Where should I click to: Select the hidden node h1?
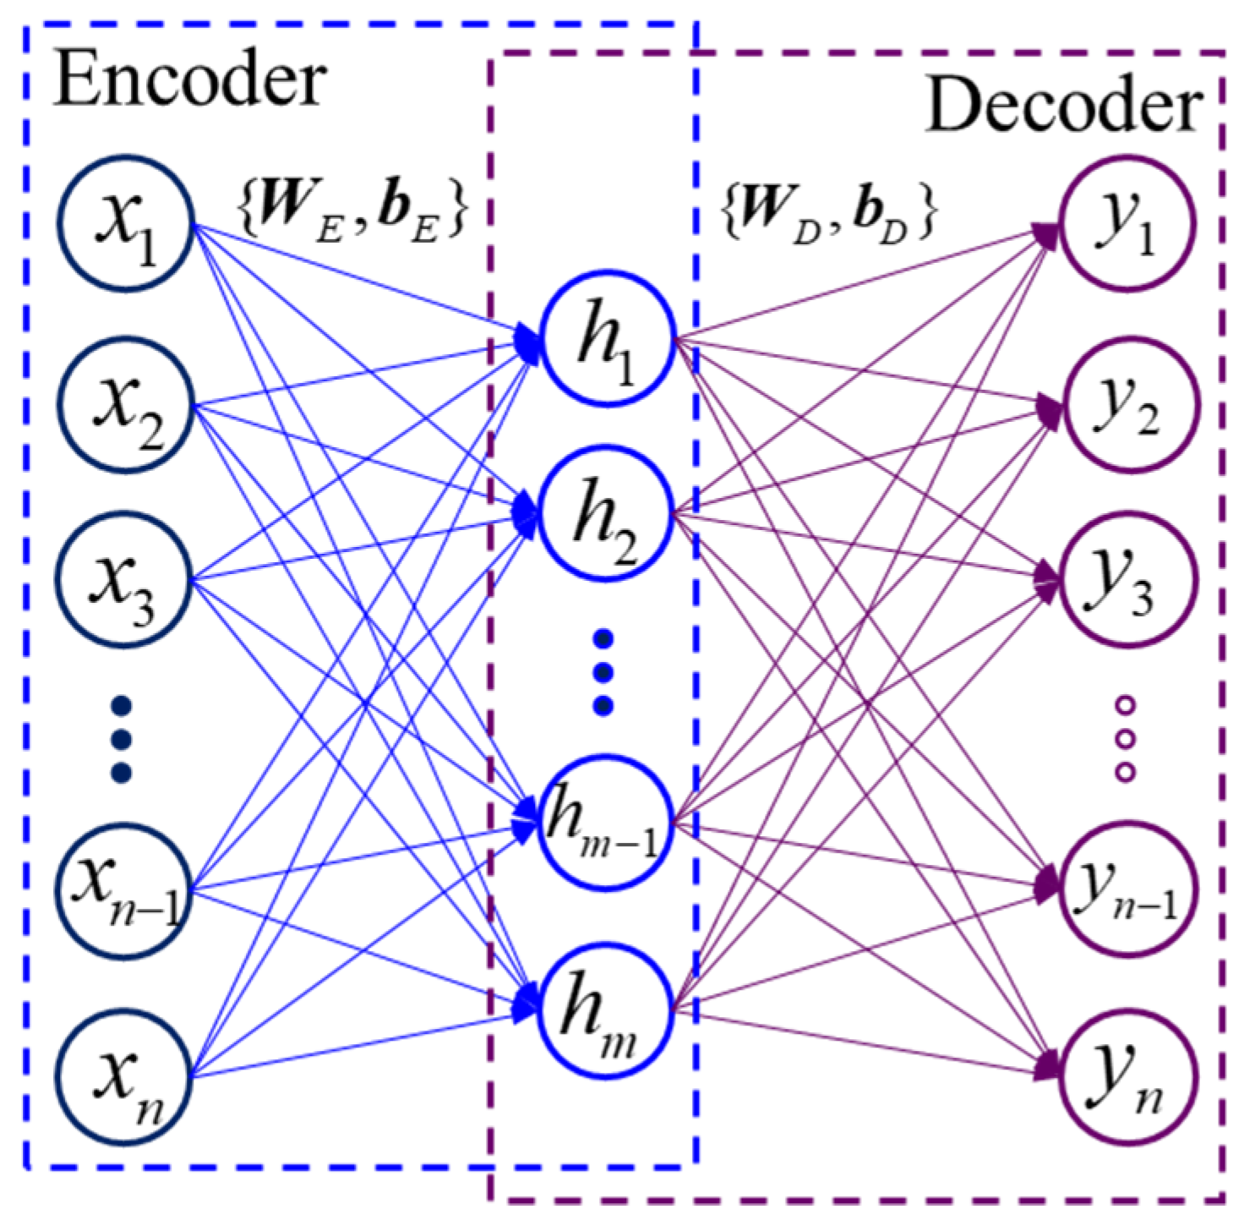[x=606, y=339]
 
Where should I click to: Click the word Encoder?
[x=190, y=80]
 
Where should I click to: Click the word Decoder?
[x=1064, y=107]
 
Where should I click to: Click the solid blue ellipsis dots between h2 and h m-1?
[x=603, y=673]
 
